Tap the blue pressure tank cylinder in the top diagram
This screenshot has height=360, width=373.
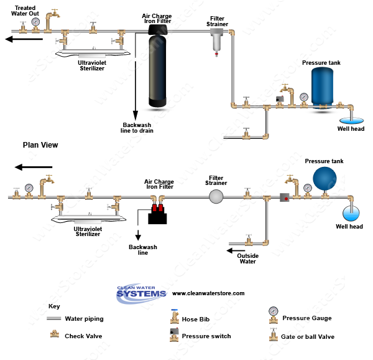tap(323, 87)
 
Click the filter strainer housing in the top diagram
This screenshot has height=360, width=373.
tap(217, 40)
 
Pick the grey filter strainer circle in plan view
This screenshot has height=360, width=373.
tap(216, 197)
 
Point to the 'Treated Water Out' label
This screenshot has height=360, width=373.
tap(25, 11)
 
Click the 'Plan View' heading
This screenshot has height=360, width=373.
tap(40, 145)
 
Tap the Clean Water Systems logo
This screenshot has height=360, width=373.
tap(142, 293)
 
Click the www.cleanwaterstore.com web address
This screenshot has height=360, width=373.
tap(208, 293)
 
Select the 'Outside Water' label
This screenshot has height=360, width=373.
tap(247, 258)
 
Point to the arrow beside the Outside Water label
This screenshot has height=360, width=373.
tap(231, 251)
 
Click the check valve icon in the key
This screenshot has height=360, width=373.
tap(55, 335)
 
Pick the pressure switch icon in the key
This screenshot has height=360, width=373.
tap(175, 334)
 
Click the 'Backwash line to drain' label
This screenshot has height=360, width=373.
tap(137, 128)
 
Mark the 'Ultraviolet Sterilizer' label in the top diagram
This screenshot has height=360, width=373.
tap(91, 65)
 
